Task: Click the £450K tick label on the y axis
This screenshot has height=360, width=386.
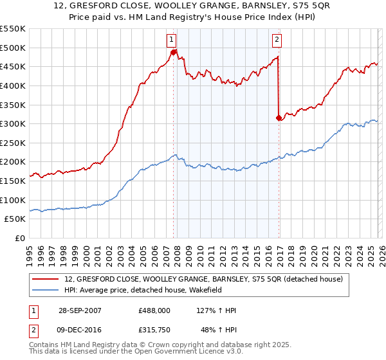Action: (13, 66)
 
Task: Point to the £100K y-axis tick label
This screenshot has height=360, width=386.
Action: (13, 200)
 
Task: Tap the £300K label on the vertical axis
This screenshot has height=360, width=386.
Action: (13, 123)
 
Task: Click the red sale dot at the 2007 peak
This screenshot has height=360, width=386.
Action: (174, 52)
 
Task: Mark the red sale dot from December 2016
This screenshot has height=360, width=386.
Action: (279, 118)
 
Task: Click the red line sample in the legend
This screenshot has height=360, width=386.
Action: (46, 279)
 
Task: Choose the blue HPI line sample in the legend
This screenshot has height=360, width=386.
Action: (46, 290)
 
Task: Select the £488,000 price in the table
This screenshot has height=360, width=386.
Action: (154, 310)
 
